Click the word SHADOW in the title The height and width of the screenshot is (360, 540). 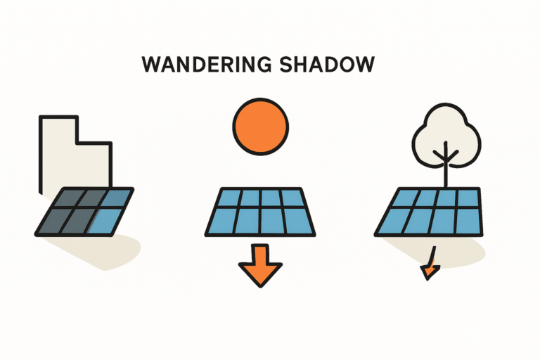click(x=327, y=65)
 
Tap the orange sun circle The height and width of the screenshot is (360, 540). click(x=261, y=127)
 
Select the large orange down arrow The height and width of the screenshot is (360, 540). click(x=260, y=264)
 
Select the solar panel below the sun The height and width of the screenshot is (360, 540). click(x=260, y=212)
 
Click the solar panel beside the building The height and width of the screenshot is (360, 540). click(x=84, y=212)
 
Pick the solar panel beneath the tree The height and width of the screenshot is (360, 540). click(x=429, y=212)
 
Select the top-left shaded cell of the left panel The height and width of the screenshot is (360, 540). click(x=69, y=198)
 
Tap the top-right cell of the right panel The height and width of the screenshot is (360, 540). click(x=468, y=198)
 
